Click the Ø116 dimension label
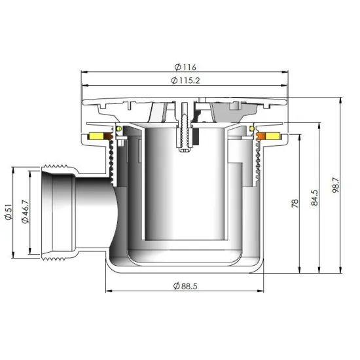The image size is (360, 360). click(185, 67)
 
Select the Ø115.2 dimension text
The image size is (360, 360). click(185, 81)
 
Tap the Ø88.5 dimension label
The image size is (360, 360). click(185, 286)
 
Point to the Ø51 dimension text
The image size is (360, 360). click(9, 212)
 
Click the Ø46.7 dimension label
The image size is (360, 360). click(25, 211)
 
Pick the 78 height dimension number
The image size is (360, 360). click(295, 204)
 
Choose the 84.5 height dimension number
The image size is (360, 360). click(315, 198)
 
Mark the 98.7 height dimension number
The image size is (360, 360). click(336, 185)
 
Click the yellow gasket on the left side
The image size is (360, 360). click(96, 136)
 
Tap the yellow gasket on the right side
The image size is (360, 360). click(273, 136)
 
